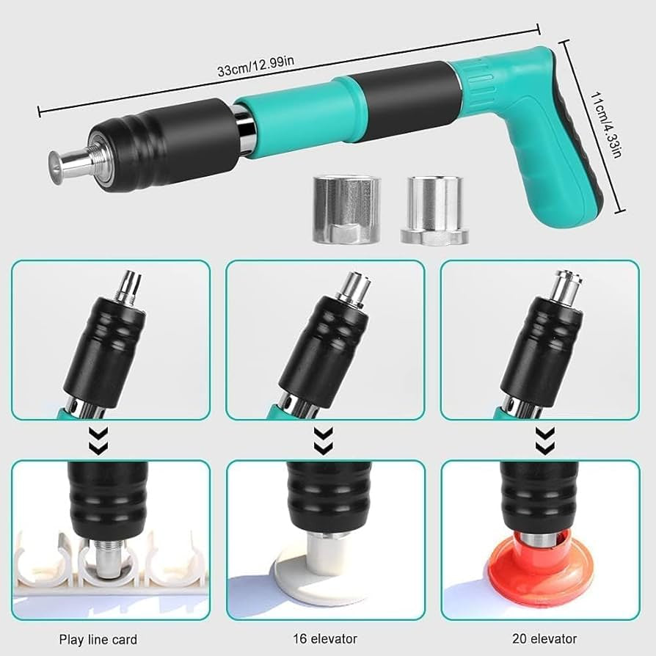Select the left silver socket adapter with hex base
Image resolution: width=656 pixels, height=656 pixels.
[343, 210]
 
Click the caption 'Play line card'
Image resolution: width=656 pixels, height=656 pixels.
[98, 639]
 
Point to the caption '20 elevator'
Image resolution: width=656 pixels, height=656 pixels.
[543, 639]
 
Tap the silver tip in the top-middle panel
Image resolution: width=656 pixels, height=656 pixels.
[351, 288]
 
